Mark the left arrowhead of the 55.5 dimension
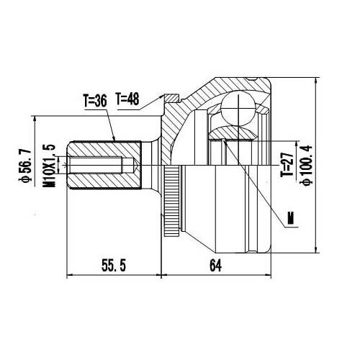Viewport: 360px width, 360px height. pos(71,275)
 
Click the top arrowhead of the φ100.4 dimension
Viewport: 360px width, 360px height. pos(315,77)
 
